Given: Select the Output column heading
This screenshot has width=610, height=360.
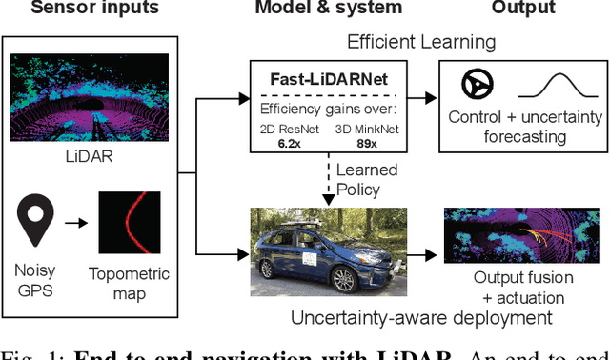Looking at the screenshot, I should point(522,10).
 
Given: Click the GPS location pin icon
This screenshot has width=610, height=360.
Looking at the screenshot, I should point(37,219).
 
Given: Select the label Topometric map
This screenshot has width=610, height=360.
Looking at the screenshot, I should point(130,284).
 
